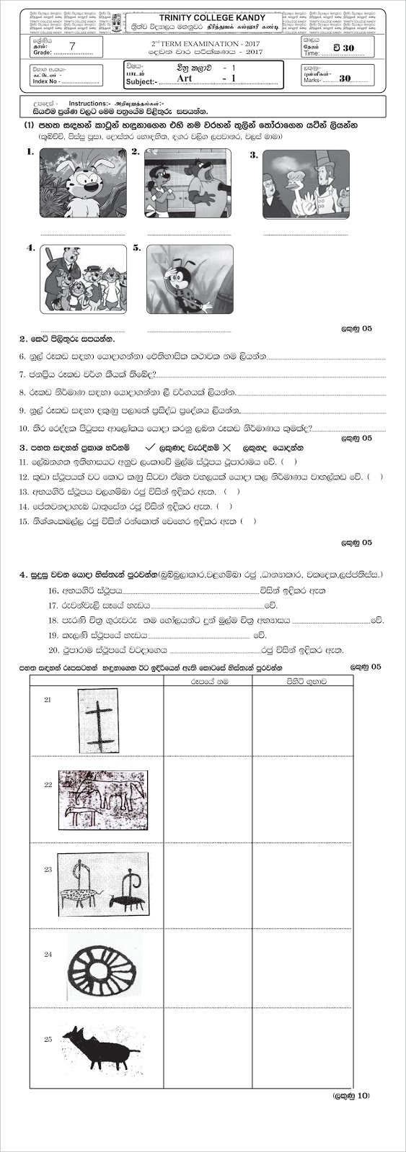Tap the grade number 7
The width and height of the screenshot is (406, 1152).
71,45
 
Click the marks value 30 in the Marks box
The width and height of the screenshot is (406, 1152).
344,78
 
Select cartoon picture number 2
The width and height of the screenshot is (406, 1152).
187,182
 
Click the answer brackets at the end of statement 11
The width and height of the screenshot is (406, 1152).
289,462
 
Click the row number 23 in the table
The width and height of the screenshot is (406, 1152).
48,870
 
